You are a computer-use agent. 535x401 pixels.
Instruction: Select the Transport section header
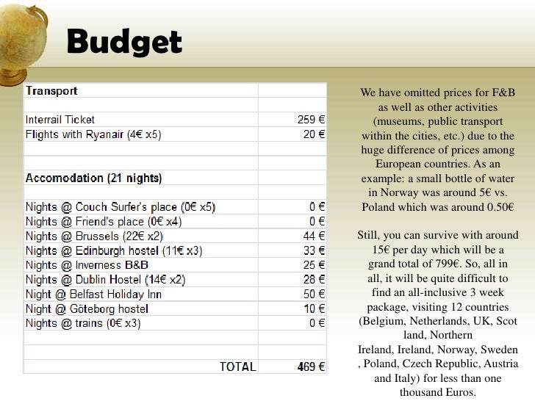coord(51,91)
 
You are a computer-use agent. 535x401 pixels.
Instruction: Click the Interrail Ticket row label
coord(60,120)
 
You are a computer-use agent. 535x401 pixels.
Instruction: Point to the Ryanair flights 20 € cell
coord(315,135)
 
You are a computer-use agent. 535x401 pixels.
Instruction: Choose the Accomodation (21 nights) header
coord(94,178)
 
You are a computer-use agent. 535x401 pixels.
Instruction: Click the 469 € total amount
coord(311,366)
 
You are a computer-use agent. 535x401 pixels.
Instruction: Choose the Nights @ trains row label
coord(83,323)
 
